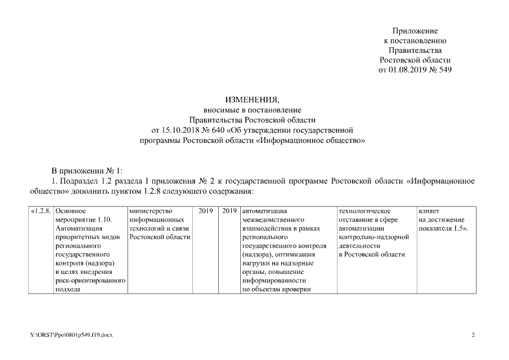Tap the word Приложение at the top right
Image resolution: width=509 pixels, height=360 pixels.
[415, 30]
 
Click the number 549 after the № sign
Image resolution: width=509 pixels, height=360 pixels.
[444, 70]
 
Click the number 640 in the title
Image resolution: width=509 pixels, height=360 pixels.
[219, 130]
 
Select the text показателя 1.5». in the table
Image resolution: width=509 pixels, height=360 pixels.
[444, 228]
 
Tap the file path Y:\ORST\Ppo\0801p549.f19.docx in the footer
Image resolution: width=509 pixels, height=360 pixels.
[71, 335]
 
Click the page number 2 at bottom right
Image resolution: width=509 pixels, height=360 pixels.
[473, 335]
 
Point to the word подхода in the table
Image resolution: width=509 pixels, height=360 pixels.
[68, 290]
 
